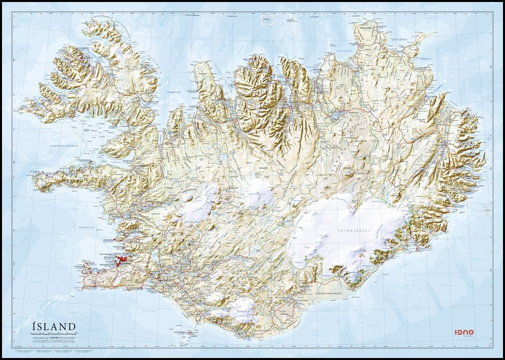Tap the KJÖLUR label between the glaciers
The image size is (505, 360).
232,188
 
